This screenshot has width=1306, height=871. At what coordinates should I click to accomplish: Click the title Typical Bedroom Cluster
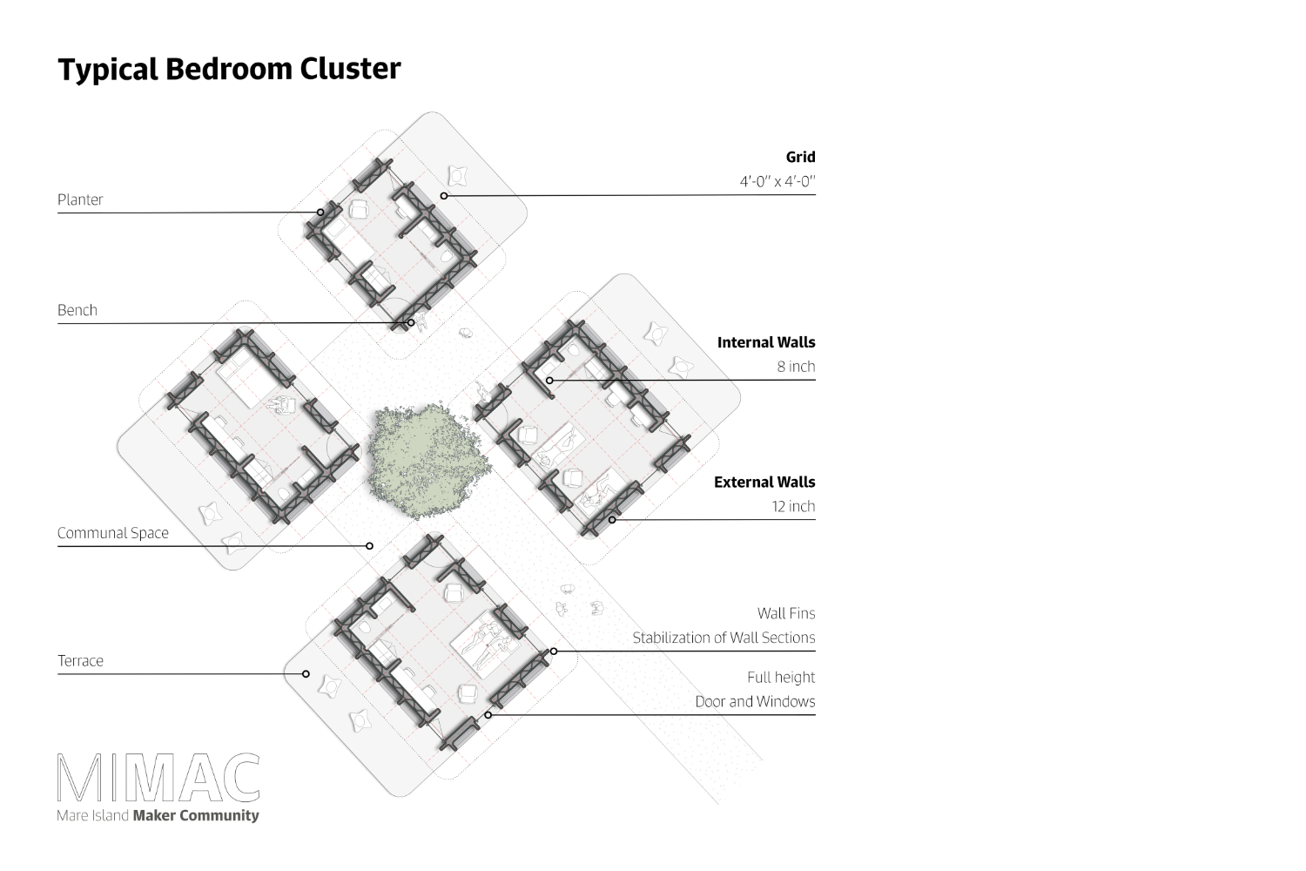tap(229, 70)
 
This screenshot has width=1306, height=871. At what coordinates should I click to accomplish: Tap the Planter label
tap(80, 199)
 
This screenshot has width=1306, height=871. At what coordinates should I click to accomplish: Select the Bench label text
tap(77, 310)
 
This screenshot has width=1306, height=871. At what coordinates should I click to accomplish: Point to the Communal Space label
tap(112, 533)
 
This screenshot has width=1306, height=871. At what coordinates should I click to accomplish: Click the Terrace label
tap(80, 660)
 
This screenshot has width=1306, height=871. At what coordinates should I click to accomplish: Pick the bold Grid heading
tap(800, 157)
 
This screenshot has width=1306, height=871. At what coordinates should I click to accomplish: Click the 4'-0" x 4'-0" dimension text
tap(778, 181)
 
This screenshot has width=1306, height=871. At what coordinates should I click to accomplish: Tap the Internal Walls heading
tap(766, 342)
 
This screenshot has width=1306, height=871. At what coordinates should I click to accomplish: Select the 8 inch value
tap(796, 367)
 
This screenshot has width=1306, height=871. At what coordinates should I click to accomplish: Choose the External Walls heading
tap(764, 483)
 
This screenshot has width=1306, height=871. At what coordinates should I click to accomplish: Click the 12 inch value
tap(793, 506)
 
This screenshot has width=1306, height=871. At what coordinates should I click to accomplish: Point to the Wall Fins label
tap(786, 613)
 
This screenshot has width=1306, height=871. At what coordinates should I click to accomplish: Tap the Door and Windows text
tap(755, 701)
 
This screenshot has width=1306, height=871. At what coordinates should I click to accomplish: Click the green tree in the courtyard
tap(428, 461)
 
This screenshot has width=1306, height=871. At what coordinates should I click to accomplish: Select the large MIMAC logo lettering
tap(158, 778)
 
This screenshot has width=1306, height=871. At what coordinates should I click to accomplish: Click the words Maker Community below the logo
tap(196, 815)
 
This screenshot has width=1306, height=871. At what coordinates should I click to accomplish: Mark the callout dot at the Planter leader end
tap(320, 213)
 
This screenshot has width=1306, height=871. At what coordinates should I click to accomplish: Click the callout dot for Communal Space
tap(370, 546)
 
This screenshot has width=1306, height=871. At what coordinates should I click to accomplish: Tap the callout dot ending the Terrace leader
tap(306, 674)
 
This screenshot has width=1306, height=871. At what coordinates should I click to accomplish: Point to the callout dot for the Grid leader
tap(444, 196)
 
